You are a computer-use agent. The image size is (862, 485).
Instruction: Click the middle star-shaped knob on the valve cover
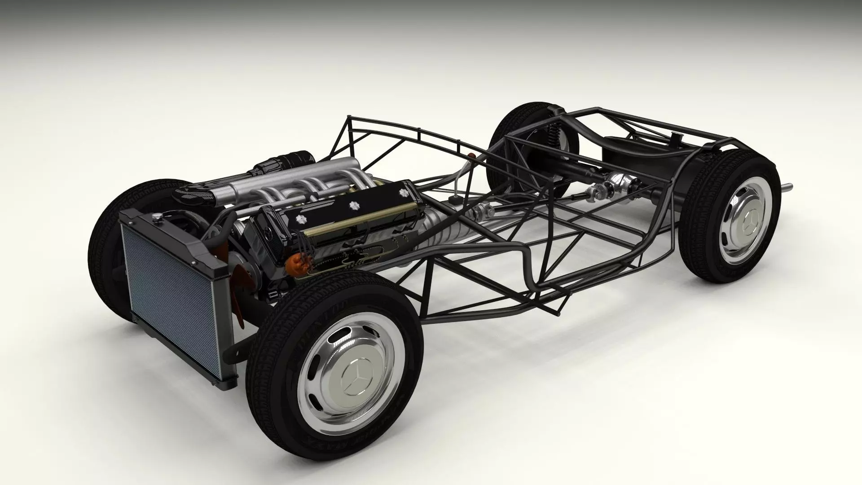[x=352, y=205]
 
